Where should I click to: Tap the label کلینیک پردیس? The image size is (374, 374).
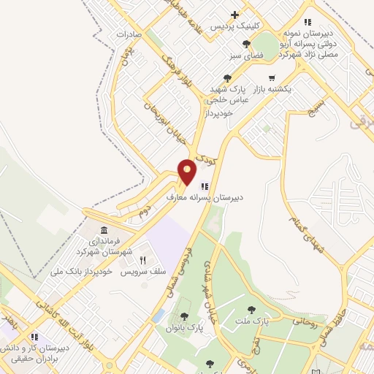pyautogui.click(x=234, y=26)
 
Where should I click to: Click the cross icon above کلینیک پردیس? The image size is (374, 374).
pyautogui.click(x=234, y=15)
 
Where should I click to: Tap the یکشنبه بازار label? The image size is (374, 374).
pyautogui.click(x=272, y=88)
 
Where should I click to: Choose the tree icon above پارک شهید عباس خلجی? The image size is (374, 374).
pyautogui.click(x=227, y=77)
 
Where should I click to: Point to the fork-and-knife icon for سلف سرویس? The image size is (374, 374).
pyautogui.click(x=143, y=260)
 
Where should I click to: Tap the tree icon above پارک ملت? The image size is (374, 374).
pyautogui.click(x=252, y=310)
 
